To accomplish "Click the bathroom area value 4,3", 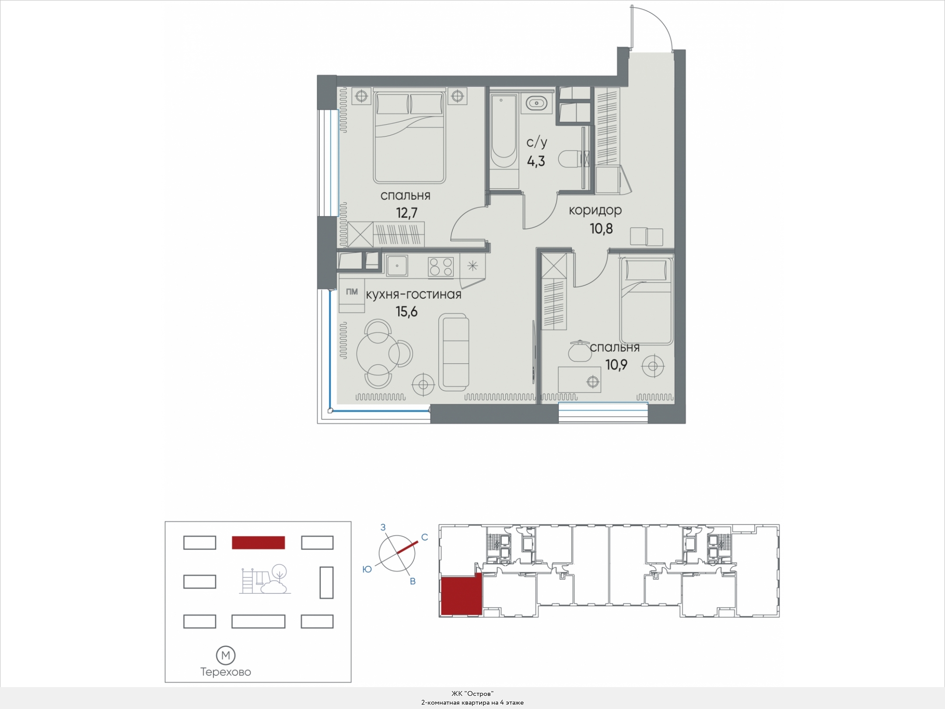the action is [536, 161].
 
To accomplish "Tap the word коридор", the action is [595, 211].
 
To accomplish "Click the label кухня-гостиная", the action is [413, 295].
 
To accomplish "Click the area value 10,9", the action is [616, 365].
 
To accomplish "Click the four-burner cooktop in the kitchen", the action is [441, 266].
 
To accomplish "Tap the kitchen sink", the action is [397, 266].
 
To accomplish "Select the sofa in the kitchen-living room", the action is [454, 352].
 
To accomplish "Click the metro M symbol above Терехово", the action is [226, 655].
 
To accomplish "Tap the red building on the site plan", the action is [258, 543].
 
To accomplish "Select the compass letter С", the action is [424, 537].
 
